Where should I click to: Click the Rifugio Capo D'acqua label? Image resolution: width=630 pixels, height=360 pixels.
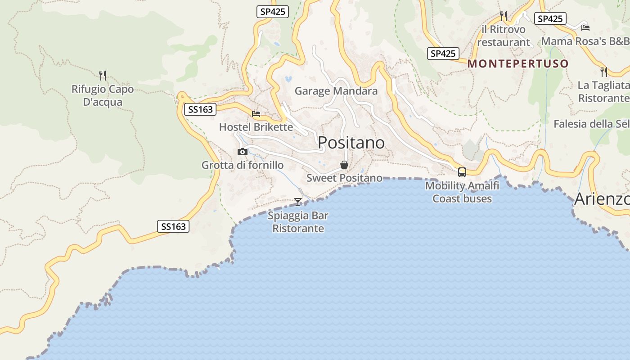click(x=103, y=95)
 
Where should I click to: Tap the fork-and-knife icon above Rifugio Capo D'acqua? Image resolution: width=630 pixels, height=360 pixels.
click(x=103, y=75)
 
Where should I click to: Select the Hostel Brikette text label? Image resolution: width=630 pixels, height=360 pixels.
click(x=256, y=127)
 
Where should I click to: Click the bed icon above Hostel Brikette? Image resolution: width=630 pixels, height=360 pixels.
click(x=256, y=114)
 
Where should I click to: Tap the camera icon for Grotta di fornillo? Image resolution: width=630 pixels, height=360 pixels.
click(x=243, y=152)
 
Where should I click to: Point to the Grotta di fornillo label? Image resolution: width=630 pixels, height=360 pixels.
click(x=243, y=165)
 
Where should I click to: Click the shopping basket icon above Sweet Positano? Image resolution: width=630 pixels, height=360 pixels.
click(x=344, y=165)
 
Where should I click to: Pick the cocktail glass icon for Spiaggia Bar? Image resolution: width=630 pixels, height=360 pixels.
click(x=298, y=202)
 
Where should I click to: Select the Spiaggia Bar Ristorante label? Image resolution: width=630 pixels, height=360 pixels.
click(x=298, y=222)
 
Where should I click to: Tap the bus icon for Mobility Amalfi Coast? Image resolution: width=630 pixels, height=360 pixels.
click(x=462, y=172)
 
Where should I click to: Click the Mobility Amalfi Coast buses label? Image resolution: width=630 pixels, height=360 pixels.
click(x=462, y=192)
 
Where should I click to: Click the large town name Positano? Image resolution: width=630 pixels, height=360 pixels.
click(x=351, y=143)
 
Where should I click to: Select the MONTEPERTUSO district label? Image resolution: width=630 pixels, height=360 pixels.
click(x=518, y=63)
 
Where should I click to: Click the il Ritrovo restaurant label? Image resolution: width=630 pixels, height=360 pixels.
click(x=504, y=36)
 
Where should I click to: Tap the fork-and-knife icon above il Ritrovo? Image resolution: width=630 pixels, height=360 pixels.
click(x=504, y=16)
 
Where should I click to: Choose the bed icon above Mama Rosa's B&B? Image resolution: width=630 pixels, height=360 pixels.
click(x=585, y=27)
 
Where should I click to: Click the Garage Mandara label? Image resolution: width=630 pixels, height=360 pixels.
click(x=336, y=91)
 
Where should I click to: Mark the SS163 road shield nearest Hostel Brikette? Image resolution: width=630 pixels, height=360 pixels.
click(x=200, y=109)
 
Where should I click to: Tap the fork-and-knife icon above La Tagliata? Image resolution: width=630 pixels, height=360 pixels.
click(x=604, y=72)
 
